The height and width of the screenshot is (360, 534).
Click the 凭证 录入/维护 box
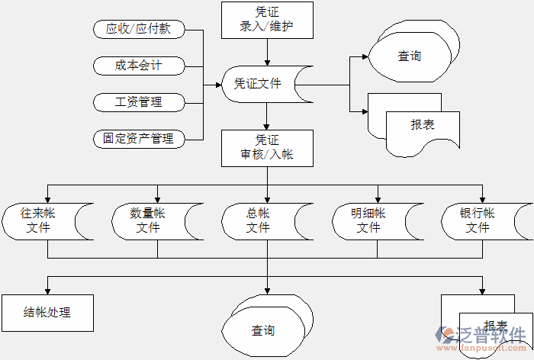tap(267, 21)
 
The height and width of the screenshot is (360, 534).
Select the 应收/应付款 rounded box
tap(138, 29)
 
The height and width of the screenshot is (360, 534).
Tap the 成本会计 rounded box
tap(138, 66)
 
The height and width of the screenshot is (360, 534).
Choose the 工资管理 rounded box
tap(138, 101)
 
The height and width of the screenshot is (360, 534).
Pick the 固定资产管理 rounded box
tap(138, 138)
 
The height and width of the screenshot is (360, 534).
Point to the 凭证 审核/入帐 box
tap(267, 148)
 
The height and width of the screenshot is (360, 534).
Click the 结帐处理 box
tap(47, 313)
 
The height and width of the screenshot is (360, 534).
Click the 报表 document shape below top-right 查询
tap(421, 124)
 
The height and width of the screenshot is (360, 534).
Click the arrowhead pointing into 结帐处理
tap(47, 291)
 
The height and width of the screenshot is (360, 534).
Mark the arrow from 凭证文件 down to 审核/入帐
tap(267, 117)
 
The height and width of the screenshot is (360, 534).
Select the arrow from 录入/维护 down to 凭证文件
tap(267, 53)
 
